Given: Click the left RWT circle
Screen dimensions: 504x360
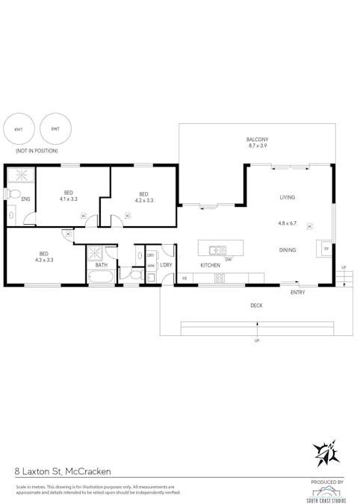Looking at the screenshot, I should pyautogui.click(x=18, y=129).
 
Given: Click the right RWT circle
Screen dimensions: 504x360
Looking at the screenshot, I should pyautogui.click(x=55, y=129).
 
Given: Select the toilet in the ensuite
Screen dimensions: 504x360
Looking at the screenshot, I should pyautogui.click(x=14, y=193).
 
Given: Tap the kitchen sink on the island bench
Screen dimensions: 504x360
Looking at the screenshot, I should pyautogui.click(x=218, y=250).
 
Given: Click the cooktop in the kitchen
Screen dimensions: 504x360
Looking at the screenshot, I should pyautogui.click(x=220, y=279).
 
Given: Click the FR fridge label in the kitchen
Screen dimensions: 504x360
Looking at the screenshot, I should pyautogui.click(x=184, y=279).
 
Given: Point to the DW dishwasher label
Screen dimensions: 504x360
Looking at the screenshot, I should pyautogui.click(x=229, y=259).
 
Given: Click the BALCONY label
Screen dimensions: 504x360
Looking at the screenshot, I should pyautogui.click(x=258, y=140).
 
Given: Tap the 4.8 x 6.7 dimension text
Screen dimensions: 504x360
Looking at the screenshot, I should pyautogui.click(x=288, y=223).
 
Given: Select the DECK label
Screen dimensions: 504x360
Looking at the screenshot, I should pyautogui.click(x=256, y=305).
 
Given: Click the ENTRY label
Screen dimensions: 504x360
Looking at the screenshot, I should pyautogui.click(x=297, y=292).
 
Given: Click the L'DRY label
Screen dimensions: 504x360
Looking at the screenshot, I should pyautogui.click(x=166, y=265).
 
